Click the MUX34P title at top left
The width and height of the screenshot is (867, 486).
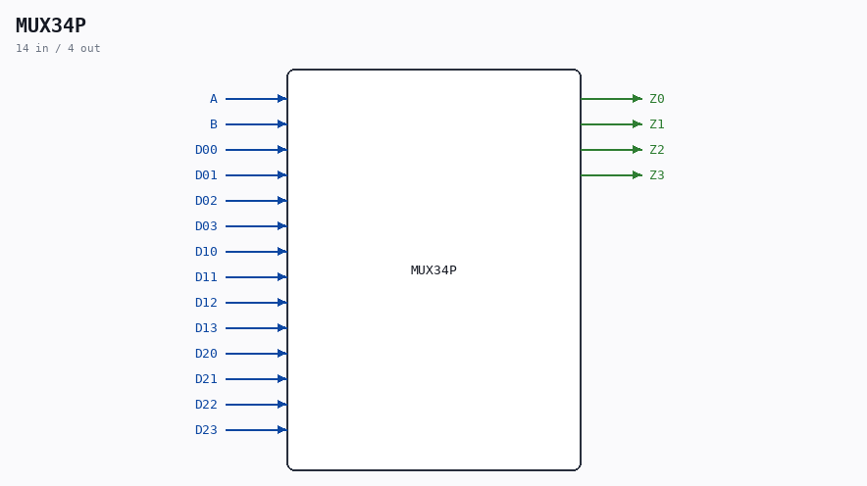51,25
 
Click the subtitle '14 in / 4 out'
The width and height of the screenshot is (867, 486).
58,49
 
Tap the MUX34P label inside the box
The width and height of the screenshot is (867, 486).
433,270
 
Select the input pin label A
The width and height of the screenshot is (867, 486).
214,99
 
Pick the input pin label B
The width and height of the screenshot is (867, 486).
214,124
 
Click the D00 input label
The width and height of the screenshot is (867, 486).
206,150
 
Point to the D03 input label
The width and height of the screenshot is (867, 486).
206,226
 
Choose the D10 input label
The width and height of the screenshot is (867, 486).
206,251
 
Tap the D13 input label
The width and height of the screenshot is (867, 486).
206,328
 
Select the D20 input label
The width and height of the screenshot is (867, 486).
206,354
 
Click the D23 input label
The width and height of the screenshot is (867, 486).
206,430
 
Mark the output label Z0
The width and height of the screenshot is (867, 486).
657,99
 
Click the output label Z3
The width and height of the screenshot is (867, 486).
657,175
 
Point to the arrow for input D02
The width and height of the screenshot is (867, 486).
256,201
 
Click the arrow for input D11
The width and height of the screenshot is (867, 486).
256,276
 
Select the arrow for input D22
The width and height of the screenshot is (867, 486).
256,405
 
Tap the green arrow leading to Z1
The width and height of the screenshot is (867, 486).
612,124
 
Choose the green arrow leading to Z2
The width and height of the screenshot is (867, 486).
612,150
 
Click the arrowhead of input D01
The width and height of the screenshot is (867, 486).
282,175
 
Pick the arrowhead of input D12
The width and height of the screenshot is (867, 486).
282,303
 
